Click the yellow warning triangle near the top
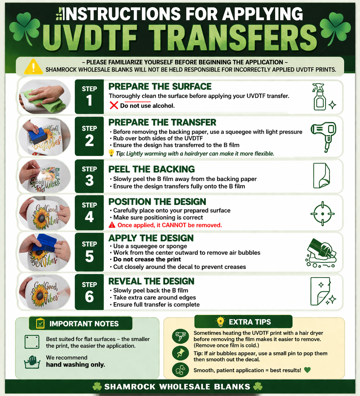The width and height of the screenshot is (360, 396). [33, 67]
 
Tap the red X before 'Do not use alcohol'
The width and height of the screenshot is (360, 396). [114, 105]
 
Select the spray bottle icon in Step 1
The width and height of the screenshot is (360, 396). [320, 97]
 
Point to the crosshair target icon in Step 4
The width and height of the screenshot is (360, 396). [322, 214]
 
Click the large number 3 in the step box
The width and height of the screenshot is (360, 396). [89, 180]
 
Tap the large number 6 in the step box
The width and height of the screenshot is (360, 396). [89, 297]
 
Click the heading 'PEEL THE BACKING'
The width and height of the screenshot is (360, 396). [152, 169]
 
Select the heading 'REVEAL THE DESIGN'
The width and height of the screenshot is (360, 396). [151, 281]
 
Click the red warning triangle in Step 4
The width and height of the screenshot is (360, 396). [112, 225]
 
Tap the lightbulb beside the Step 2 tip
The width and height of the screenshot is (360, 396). [111, 153]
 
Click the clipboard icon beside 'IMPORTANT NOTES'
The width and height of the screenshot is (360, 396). [40, 323]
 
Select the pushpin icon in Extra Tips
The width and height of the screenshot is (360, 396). [180, 353]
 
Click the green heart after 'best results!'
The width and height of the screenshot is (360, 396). [307, 370]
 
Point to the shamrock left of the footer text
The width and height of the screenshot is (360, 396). [97, 387]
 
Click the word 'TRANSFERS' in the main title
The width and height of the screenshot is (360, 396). [233, 38]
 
